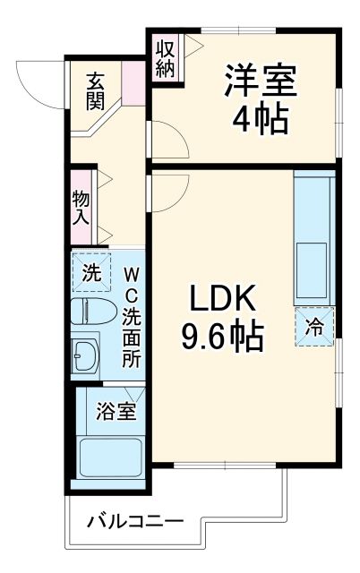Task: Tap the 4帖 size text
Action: click(x=260, y=119)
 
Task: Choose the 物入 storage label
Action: click(x=81, y=208)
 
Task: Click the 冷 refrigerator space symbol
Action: click(x=315, y=327)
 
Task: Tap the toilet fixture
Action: click(x=93, y=311)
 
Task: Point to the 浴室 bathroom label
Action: click(x=116, y=412)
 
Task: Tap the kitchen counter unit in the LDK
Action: click(x=313, y=237)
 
